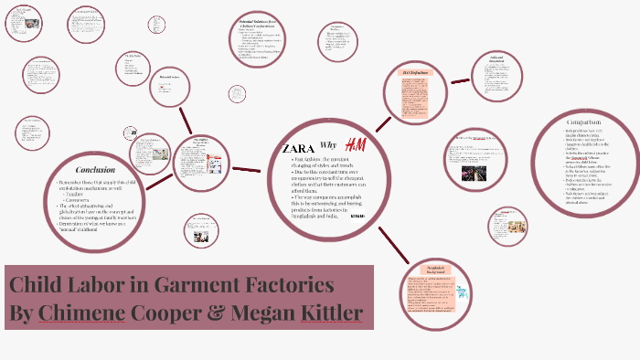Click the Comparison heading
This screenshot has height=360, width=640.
(x=582, y=122)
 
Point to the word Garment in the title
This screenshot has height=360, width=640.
(x=225, y=284)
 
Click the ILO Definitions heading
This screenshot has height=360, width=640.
(x=416, y=72)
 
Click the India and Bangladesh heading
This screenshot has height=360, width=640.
(x=496, y=61)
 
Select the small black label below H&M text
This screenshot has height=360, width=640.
(x=357, y=216)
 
